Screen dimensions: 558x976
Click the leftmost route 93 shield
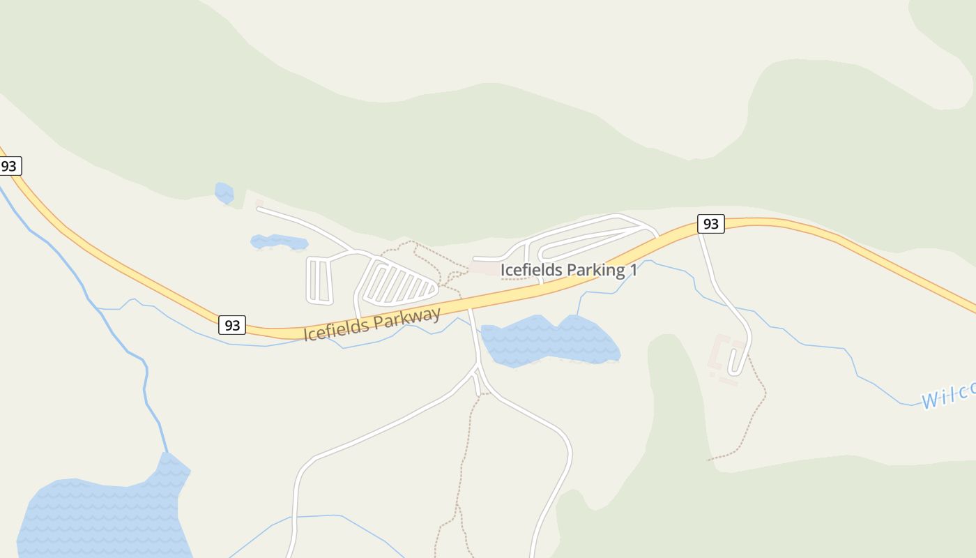9,167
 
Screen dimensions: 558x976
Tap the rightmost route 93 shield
710,224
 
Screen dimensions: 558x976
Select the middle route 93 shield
232,325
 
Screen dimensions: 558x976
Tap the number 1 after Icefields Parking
632,270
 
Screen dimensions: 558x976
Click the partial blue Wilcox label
948,396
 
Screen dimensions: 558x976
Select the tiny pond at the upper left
224,193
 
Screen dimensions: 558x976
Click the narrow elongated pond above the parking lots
279,242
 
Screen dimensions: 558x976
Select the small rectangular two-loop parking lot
319,281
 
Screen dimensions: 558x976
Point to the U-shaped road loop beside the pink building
739,359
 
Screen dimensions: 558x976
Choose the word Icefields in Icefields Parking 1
528,270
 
